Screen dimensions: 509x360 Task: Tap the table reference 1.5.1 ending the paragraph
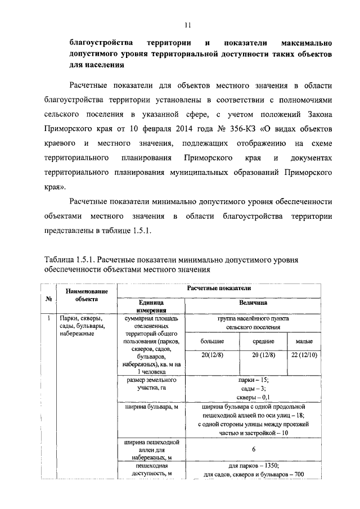(x=140, y=231)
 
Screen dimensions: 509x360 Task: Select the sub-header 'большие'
(x=213, y=341)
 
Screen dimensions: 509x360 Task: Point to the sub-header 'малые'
(x=305, y=341)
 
